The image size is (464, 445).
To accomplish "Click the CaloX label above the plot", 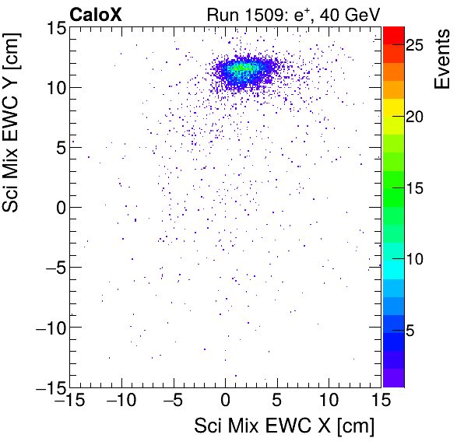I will pos(95,14).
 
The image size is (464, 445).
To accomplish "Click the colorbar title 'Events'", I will pos(442,60).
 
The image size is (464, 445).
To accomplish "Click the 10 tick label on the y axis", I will pos(53,87).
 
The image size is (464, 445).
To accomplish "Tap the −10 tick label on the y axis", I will pos(47,328).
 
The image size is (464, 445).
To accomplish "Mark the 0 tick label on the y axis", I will pos(58,208).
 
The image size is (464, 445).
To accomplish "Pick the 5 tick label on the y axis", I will pos(58,148).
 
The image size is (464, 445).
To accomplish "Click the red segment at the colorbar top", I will pos(394,34).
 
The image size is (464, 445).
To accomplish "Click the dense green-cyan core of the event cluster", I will pos(242,68).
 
